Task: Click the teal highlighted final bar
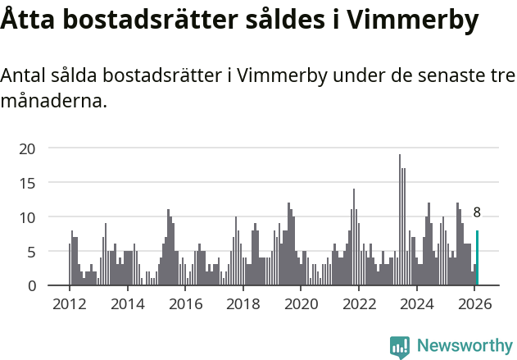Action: [477, 258]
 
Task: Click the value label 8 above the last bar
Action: [477, 213]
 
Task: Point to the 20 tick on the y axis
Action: [27, 148]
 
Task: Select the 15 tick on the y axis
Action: [27, 183]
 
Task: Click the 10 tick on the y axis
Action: [27, 217]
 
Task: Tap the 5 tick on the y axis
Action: [31, 252]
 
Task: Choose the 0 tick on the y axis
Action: [31, 285]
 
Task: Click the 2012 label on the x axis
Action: [69, 303]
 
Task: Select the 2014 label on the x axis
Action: [127, 303]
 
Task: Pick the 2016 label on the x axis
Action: [185, 303]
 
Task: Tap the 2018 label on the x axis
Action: [243, 303]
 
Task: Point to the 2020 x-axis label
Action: [301, 303]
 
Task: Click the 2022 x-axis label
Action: [359, 303]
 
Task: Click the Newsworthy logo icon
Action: [400, 347]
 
